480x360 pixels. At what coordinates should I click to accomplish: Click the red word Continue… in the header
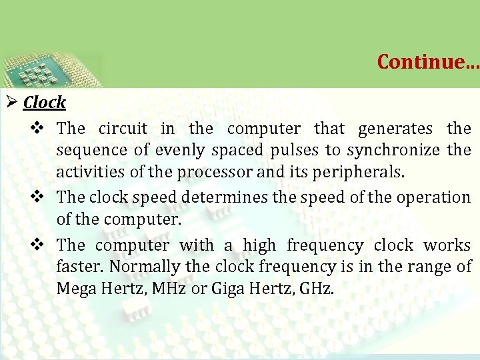pyautogui.click(x=427, y=61)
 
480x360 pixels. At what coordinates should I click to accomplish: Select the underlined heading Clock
pyautogui.click(x=45, y=103)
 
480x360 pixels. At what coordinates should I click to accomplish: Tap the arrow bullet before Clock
pyautogui.click(x=11, y=103)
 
